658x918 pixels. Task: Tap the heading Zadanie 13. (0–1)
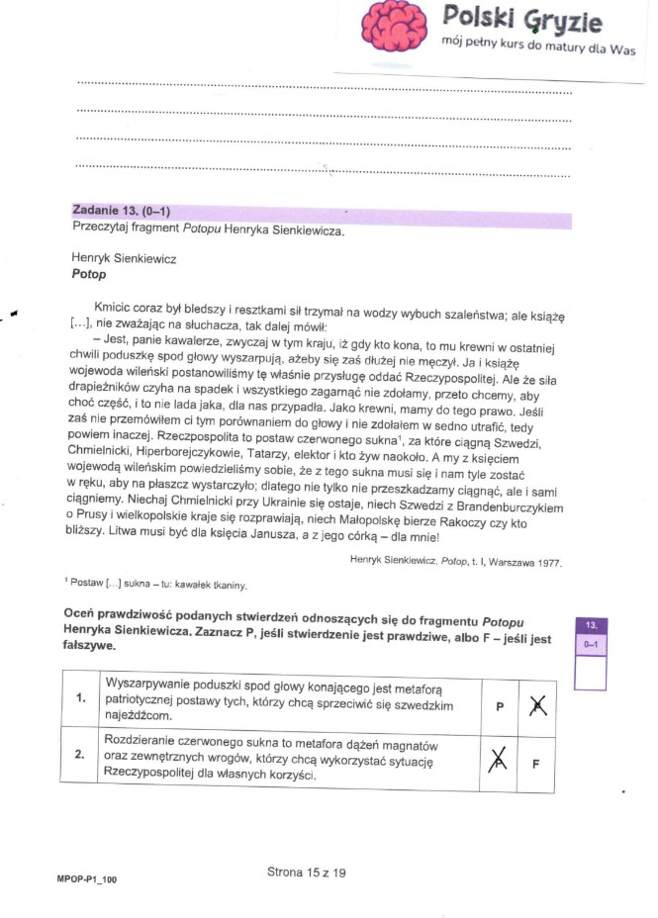coord(120,211)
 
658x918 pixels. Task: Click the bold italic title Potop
coord(89,274)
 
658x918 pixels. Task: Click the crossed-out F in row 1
coord(536,705)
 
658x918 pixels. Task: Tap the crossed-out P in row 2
coord(499,761)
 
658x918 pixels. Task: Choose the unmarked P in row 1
coord(499,706)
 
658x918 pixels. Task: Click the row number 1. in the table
coord(81,697)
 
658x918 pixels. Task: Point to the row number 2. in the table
coord(81,755)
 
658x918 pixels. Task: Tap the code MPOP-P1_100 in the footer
coord(87,877)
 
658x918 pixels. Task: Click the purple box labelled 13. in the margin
coord(591,625)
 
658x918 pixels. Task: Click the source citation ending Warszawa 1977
coord(455,561)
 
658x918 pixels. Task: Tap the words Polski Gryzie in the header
coord(521,19)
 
